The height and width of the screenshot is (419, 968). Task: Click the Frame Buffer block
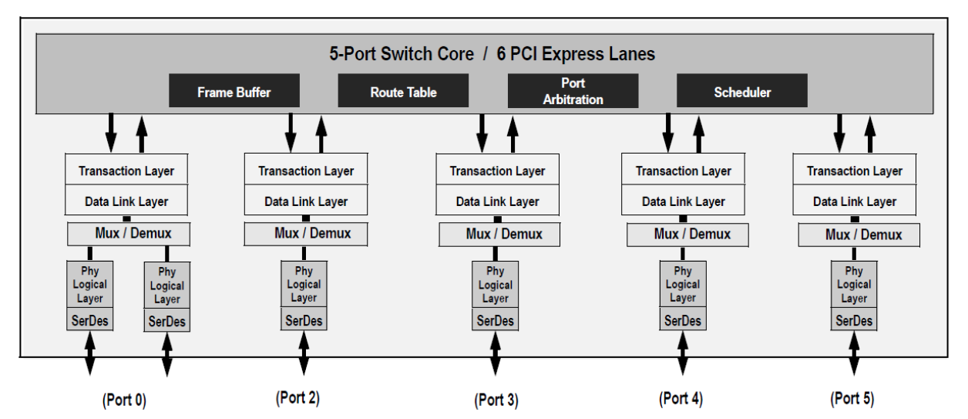[234, 92]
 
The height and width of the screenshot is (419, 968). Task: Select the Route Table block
[403, 92]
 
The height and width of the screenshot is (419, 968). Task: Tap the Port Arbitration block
[573, 91]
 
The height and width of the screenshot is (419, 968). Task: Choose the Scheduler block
[741, 92]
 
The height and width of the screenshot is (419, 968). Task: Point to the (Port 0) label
[123, 400]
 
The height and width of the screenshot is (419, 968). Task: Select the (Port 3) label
[496, 400]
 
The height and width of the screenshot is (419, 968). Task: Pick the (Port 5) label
[852, 398]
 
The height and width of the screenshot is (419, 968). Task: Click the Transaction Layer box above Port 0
[126, 171]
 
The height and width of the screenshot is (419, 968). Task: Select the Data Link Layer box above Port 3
[497, 201]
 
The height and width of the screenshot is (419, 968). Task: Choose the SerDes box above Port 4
[683, 320]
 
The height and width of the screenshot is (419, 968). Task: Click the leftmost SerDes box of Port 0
[90, 320]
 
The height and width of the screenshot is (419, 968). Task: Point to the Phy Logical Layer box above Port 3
[496, 285]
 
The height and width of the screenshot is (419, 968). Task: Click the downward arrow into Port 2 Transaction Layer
[291, 132]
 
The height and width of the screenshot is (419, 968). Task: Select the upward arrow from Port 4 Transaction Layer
[698, 132]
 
